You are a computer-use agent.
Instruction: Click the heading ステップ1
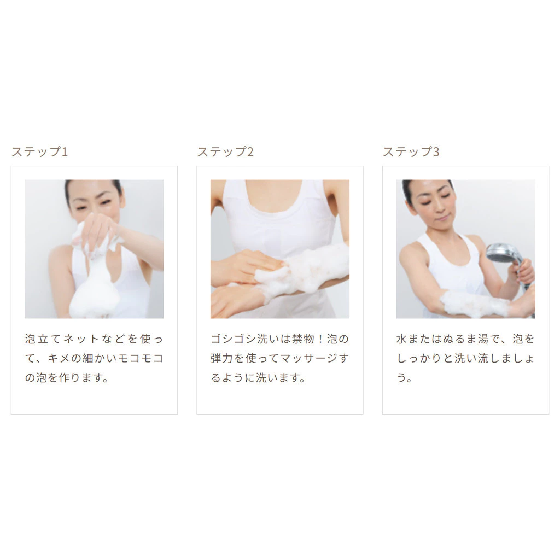[39, 152]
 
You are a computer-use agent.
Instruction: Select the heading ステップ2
[225, 152]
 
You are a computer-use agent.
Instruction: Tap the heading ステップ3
[411, 152]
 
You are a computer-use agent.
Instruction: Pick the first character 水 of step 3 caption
[402, 339]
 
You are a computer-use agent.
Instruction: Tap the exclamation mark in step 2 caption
[320, 339]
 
